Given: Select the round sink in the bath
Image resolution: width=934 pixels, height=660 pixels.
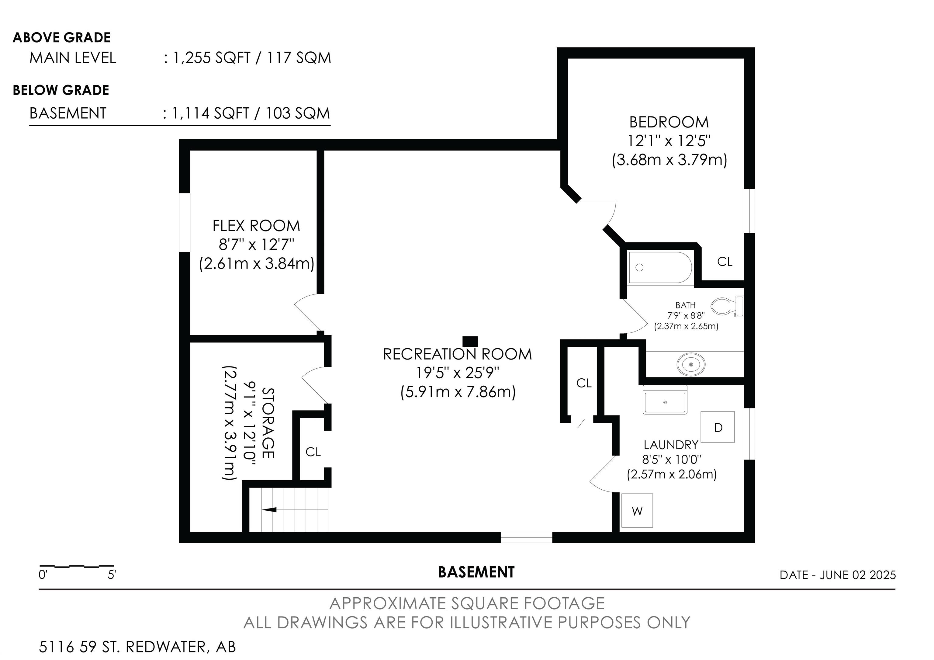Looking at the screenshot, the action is click(691, 364).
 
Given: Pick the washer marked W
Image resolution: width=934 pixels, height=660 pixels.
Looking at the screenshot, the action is click(637, 511).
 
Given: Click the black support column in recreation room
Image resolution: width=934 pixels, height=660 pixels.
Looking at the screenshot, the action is click(470, 341).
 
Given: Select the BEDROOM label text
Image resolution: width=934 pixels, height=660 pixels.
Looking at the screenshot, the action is click(669, 122).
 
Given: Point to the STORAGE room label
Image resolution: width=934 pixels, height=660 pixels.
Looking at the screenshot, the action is click(268, 423).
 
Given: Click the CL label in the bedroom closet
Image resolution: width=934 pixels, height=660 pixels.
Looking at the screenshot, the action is click(725, 262).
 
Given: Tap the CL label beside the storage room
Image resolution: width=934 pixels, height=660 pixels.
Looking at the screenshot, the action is click(313, 452).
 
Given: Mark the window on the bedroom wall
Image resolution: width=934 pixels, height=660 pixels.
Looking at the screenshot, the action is click(749, 211).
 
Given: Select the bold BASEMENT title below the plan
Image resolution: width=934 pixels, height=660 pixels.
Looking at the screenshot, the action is click(476, 572).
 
